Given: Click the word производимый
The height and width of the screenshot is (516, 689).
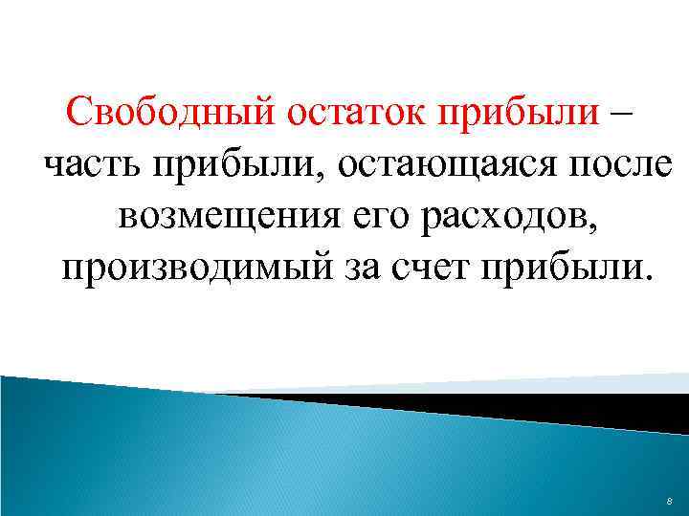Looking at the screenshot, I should pos(197,267).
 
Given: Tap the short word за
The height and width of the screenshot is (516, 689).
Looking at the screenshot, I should pos(367,267).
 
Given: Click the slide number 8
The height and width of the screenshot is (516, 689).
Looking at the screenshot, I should pos(668,501).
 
